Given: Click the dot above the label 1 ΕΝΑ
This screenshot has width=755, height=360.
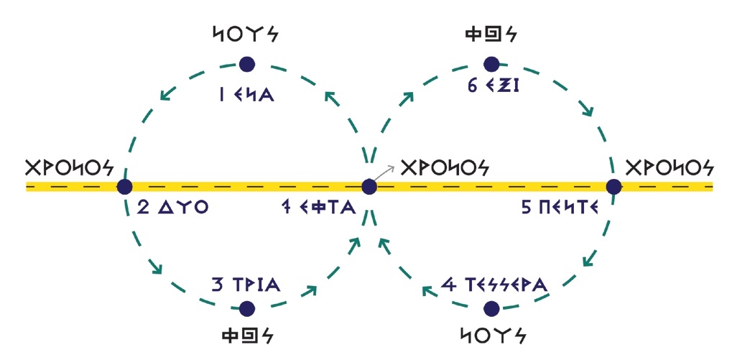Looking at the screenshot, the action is (247, 65).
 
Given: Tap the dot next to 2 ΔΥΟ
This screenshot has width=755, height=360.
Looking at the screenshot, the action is (125, 187).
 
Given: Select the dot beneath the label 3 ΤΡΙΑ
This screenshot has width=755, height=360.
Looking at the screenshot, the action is (247, 309).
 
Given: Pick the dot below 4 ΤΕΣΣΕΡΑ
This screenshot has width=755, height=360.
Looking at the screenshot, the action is (491, 309).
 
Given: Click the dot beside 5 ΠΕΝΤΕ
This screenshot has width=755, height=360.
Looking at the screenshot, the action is (613, 187).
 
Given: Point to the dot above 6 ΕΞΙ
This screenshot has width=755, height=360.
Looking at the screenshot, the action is (491, 65).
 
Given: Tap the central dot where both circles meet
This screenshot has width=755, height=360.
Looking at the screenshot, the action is (369, 187).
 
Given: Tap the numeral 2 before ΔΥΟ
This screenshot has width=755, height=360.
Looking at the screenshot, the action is (144, 209).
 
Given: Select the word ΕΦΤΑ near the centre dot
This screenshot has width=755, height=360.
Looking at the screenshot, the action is (331, 209).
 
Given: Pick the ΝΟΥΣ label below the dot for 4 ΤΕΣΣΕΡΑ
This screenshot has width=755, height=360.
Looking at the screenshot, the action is (491, 336).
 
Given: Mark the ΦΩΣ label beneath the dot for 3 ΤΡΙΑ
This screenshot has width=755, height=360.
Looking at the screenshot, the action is (248, 336).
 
